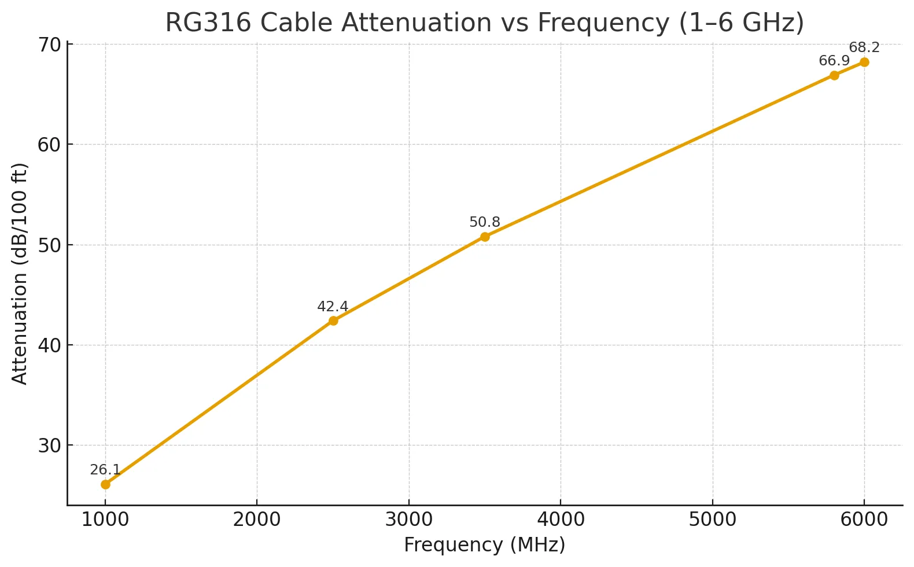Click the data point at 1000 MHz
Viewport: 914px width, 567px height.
click(x=105, y=484)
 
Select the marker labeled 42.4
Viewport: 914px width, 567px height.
click(x=333, y=321)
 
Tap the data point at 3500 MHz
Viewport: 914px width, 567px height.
click(x=485, y=237)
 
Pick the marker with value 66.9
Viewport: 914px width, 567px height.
click(x=834, y=75)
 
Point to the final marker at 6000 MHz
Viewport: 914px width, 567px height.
click(x=864, y=62)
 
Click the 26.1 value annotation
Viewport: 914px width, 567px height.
click(x=105, y=470)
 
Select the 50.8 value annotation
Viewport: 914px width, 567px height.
click(x=485, y=222)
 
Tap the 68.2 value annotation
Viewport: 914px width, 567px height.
click(x=864, y=47)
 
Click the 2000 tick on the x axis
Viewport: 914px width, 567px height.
click(x=257, y=520)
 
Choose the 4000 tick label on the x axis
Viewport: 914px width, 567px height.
click(x=561, y=520)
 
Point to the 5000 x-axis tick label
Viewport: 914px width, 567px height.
click(x=713, y=520)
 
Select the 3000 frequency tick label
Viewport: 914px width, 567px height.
click(x=409, y=520)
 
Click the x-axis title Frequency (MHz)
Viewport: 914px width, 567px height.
click(x=485, y=545)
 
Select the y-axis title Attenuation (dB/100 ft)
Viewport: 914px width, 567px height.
click(x=20, y=273)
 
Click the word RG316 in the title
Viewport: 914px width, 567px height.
click(x=208, y=23)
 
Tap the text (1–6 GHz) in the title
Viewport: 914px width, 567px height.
click(x=741, y=23)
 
